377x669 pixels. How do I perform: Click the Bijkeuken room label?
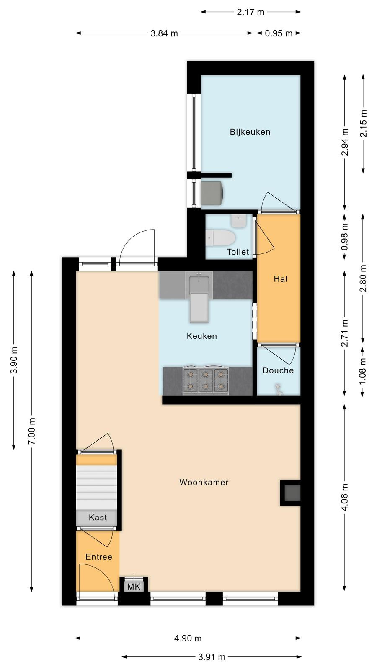pos(250,132)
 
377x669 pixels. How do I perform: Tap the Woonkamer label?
pos(204,482)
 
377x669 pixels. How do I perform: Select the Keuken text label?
pos(201,336)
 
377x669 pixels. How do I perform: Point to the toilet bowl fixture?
pos(220,238)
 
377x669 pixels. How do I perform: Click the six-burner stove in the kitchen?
pos(206,380)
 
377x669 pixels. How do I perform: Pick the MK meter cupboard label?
pos(134,587)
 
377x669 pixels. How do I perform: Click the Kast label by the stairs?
pos(98,517)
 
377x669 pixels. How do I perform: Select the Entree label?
pos(99,557)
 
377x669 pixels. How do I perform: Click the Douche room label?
pos(278,370)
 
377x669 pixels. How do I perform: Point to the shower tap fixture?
pos(279,389)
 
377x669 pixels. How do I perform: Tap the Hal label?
pos(280,279)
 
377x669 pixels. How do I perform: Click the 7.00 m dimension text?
pos(32,431)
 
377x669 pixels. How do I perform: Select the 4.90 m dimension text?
pos(188,638)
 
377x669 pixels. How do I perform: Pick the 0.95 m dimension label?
pos(279,33)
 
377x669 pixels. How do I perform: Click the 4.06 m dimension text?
pos(345,498)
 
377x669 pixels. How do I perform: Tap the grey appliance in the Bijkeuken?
pos(212,193)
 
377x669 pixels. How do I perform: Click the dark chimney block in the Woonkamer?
pos(290,493)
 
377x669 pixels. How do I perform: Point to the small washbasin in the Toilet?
pos(238,221)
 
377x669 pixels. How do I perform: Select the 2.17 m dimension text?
pos(250,12)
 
